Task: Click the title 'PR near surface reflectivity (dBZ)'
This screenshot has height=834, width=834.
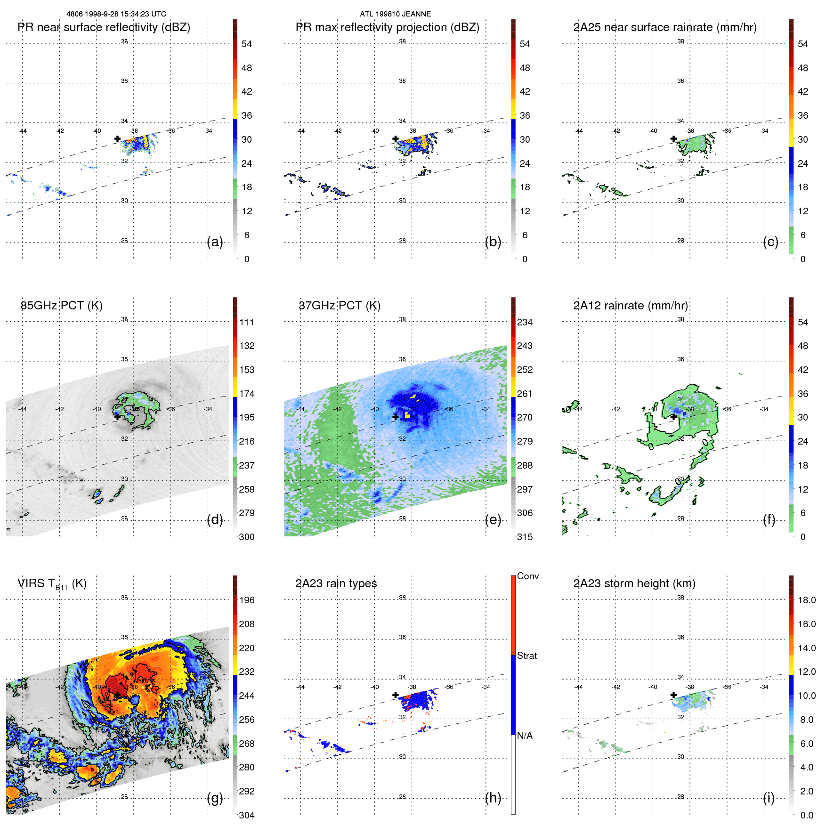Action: [x=104, y=27]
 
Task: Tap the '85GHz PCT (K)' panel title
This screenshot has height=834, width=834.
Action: [x=61, y=306]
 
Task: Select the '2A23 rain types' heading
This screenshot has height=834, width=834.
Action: [x=336, y=583]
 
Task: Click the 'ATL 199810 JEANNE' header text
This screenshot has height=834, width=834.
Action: [x=395, y=14]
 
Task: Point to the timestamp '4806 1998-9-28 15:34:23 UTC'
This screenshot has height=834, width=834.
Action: [x=116, y=14]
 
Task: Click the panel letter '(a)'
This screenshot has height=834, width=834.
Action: [x=215, y=242]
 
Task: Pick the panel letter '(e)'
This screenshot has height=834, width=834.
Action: [x=493, y=520]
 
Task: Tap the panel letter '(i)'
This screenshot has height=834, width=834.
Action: [x=769, y=798]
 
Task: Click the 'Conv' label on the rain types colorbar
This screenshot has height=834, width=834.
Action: [x=527, y=576]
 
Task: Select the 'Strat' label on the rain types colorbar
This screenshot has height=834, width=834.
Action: [x=526, y=656]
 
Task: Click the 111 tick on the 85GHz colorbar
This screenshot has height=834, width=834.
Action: [x=246, y=322]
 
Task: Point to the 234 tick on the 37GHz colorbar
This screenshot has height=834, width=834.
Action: [x=525, y=322]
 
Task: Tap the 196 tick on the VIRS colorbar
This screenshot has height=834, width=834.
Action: [x=246, y=600]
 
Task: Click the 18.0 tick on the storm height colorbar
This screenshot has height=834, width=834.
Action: [x=806, y=600]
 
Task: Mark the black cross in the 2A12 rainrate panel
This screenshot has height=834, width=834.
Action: [x=673, y=417]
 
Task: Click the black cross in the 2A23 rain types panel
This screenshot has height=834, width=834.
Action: [x=396, y=695]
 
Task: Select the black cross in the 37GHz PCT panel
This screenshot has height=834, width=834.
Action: [x=396, y=417]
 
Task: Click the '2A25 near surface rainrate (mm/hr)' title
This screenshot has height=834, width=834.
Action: [x=664, y=27]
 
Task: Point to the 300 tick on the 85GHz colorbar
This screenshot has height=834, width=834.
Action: [x=246, y=537]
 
